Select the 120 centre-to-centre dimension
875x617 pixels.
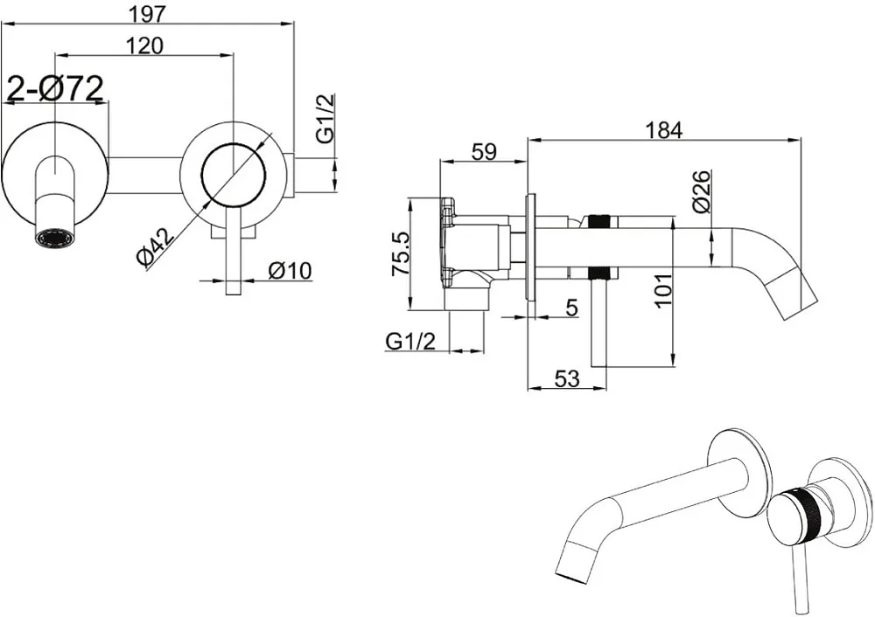click(x=144, y=45)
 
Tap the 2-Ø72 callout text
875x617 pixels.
click(x=54, y=88)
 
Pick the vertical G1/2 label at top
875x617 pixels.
click(x=326, y=118)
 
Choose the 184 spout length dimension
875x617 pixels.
click(x=664, y=130)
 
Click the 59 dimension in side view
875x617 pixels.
click(x=484, y=151)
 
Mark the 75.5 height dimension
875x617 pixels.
click(x=401, y=253)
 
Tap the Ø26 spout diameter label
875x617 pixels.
click(x=702, y=191)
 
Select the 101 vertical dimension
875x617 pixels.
click(x=663, y=290)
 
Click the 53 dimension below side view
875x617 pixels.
click(x=567, y=379)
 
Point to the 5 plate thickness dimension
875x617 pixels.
click(x=571, y=307)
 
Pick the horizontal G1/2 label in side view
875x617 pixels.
click(x=410, y=341)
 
